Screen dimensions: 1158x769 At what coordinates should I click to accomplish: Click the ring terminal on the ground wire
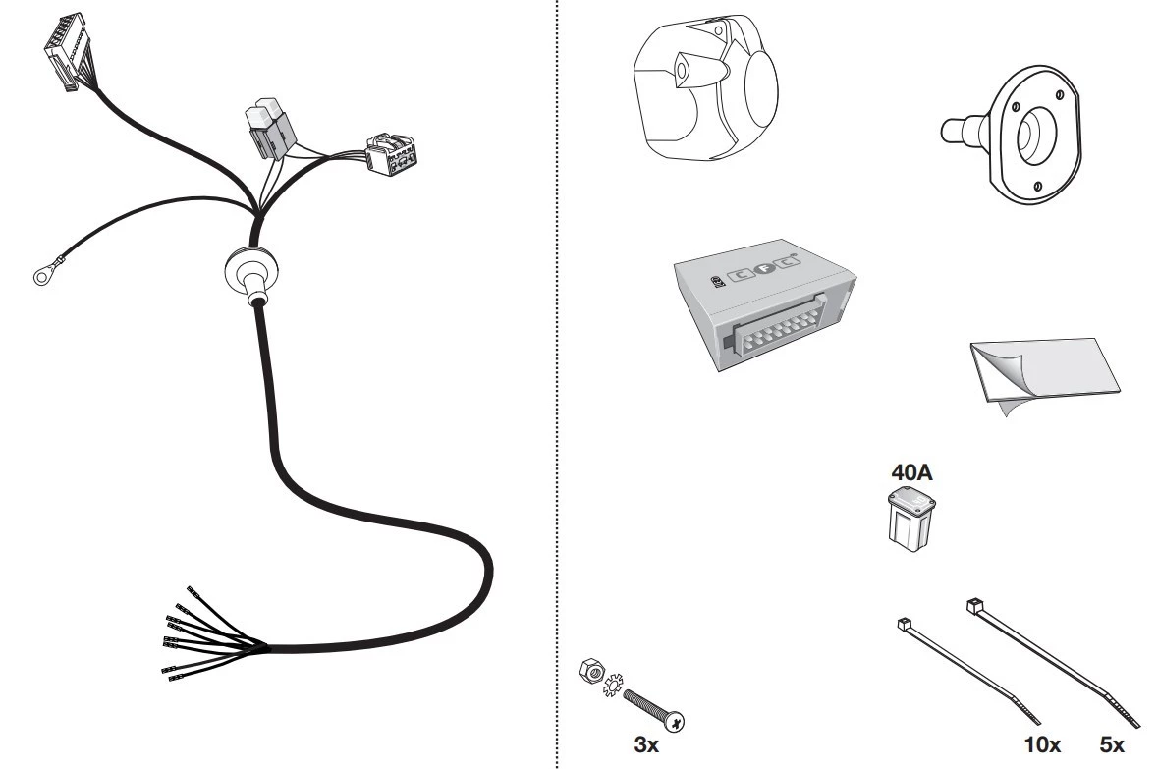tap(45, 276)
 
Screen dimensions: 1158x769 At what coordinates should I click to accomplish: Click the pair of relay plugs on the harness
tap(270, 128)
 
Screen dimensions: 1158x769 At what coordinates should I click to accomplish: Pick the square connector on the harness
tap(391, 153)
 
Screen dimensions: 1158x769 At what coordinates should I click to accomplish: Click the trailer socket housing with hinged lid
tap(706, 86)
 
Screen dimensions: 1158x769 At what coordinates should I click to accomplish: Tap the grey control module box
tap(764, 303)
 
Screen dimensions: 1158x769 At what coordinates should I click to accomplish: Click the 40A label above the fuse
tap(911, 472)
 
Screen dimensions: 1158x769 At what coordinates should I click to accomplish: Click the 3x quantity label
tap(646, 744)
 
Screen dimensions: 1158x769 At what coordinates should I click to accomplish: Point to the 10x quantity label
tap(1042, 744)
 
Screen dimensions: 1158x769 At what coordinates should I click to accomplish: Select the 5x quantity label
tap(1112, 744)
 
